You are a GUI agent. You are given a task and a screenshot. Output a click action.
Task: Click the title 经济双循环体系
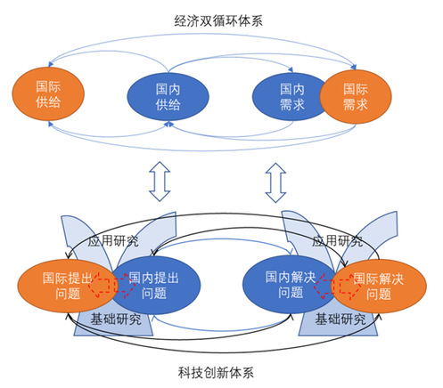point(218,21)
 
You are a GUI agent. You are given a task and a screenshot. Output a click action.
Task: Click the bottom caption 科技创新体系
point(216,373)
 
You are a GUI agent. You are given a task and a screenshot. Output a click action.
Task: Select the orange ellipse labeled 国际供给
point(48,94)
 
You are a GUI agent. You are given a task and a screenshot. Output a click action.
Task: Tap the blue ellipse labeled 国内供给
point(168,97)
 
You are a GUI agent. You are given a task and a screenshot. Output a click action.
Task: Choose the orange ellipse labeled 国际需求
point(356,97)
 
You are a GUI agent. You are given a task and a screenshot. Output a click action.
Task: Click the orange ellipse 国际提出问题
point(68,286)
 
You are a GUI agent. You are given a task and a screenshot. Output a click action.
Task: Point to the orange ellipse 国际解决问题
point(379,286)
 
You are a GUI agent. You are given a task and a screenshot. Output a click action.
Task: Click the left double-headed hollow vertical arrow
point(160,182)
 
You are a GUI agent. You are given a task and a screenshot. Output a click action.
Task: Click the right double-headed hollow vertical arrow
point(275,182)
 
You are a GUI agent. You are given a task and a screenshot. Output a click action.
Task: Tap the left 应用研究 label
point(113,240)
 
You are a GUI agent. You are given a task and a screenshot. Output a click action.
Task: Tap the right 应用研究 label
point(337,240)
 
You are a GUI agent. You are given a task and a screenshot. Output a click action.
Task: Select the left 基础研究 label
point(116,319)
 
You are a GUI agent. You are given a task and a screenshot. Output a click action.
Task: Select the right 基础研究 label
point(340,319)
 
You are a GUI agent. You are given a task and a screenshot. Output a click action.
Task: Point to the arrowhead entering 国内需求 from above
point(291,70)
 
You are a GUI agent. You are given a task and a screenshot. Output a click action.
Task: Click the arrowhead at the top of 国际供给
point(51,64)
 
